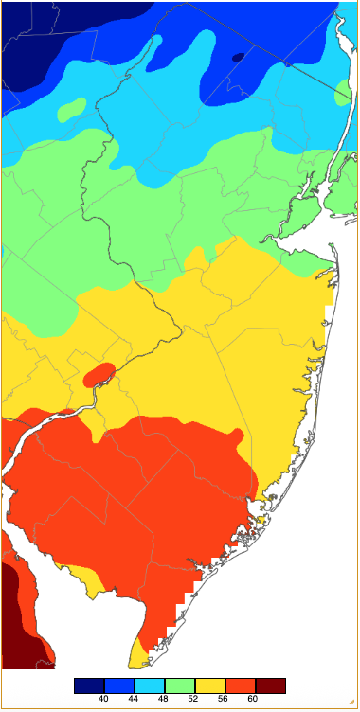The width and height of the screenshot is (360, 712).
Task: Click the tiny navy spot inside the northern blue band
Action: (237, 57)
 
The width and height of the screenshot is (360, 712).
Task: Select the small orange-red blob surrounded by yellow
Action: (99, 374)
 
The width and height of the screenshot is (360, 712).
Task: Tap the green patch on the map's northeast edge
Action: (343, 93)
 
